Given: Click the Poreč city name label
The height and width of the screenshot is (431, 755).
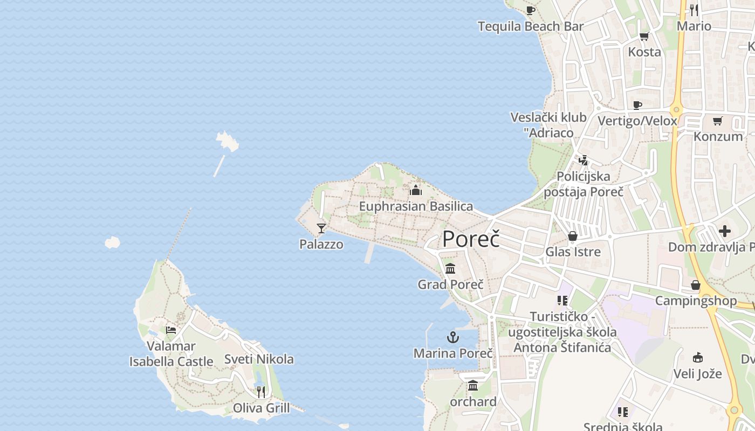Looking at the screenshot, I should tap(471, 239).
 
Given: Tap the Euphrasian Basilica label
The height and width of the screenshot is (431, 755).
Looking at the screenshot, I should tap(416, 206).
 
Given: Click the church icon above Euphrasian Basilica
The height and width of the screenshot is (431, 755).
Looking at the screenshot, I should tap(416, 190).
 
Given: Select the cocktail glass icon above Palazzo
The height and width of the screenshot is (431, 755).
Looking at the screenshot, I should tap(321, 228).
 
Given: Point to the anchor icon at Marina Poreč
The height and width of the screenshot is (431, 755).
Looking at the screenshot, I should tap(453, 338).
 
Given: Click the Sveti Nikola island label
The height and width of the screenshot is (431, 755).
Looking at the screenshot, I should tap(259, 359).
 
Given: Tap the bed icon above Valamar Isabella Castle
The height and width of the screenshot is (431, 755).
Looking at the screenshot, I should tap(171, 330).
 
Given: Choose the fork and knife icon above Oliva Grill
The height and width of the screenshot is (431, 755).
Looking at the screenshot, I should tap(261, 392).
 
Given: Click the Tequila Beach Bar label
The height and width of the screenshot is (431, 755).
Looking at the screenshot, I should tap(531, 26).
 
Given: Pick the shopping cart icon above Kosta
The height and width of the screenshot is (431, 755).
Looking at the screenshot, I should tap(644, 37).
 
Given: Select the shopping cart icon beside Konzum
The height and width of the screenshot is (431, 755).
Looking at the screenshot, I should tap(717, 121).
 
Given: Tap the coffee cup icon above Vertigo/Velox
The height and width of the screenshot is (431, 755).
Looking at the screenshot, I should tap(637, 105).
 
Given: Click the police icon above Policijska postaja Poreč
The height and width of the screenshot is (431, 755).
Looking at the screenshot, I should tap(583, 160).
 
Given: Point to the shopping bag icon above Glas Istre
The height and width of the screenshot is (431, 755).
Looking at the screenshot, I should tap(573, 236).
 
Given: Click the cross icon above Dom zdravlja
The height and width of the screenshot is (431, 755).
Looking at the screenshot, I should tap(725, 231).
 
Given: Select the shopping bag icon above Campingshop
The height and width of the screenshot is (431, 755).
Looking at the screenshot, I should tap(696, 285).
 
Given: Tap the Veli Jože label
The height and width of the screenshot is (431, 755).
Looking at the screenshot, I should tap(698, 373).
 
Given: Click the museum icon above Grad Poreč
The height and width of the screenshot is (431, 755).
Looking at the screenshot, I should tap(450, 268).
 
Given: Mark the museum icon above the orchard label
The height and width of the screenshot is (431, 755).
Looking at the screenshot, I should tap(473, 385).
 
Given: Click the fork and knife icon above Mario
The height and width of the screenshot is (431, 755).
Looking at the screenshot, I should tap(694, 10).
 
